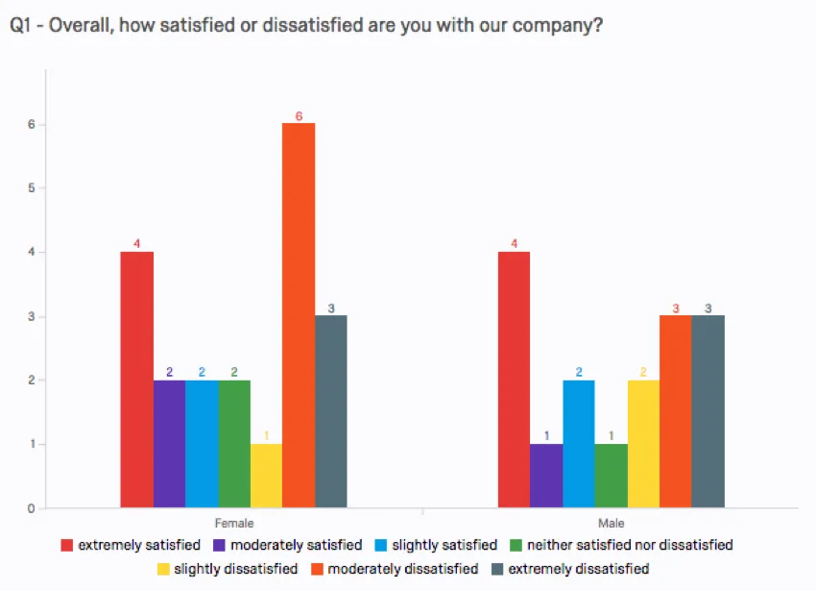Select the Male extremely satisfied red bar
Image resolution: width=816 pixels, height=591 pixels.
click(x=514, y=380)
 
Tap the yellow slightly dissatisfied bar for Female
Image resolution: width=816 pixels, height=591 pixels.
click(x=266, y=476)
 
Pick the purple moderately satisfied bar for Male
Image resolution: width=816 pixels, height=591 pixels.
click(x=546, y=476)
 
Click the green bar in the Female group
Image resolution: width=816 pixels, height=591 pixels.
click(x=234, y=444)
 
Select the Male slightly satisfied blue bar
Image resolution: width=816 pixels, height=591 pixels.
click(x=579, y=444)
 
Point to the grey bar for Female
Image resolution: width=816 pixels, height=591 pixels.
click(x=331, y=411)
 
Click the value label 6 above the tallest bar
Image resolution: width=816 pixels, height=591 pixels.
click(x=299, y=116)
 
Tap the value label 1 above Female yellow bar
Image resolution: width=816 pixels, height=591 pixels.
click(x=266, y=435)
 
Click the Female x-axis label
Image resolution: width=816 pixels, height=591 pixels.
click(x=234, y=524)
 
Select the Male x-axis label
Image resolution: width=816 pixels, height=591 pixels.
click(x=612, y=524)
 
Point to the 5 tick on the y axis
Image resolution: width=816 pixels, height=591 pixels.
click(x=32, y=188)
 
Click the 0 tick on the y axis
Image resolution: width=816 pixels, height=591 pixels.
click(x=32, y=508)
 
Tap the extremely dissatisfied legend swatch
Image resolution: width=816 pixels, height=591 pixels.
click(x=497, y=569)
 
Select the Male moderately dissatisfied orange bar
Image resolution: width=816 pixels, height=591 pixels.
click(x=676, y=411)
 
